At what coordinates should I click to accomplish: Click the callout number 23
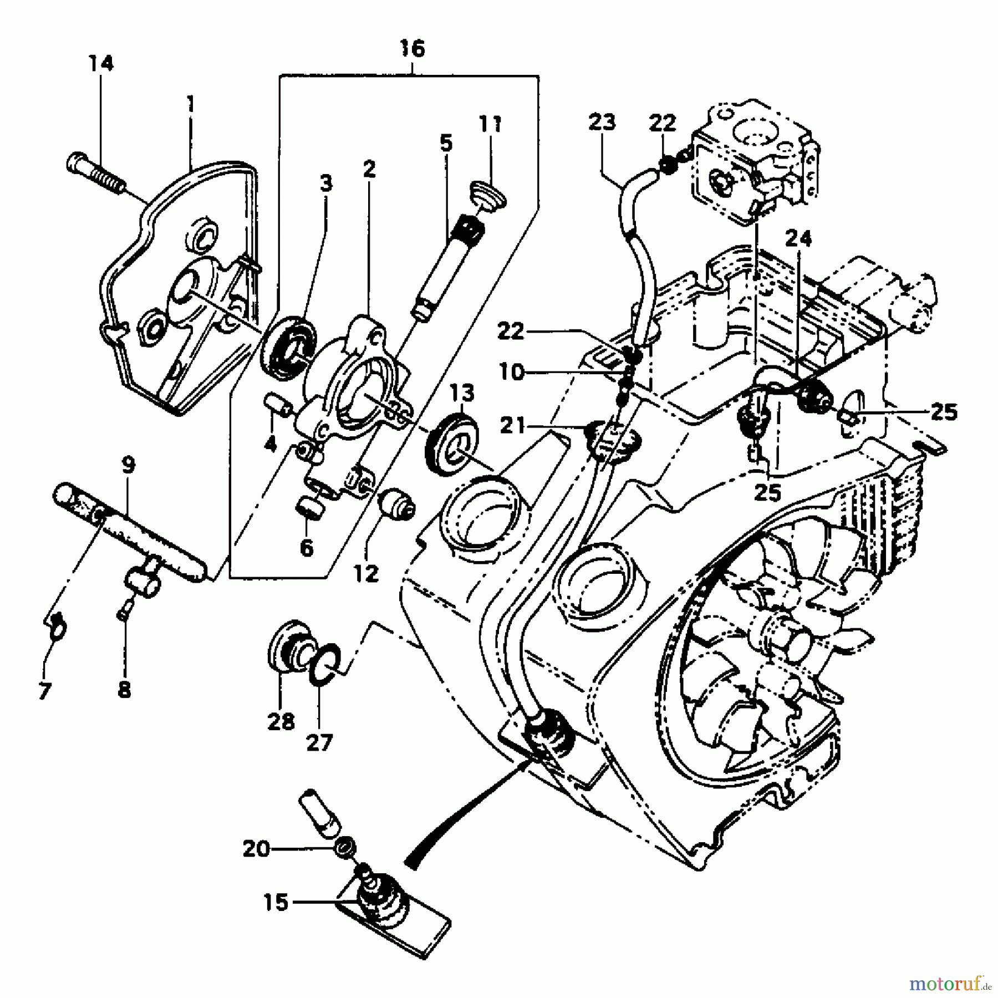point(602,121)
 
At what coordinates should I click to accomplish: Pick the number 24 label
point(798,239)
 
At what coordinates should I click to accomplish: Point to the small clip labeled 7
point(57,627)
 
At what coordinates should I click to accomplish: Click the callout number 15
point(276,903)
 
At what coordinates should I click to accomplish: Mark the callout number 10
point(511,373)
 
